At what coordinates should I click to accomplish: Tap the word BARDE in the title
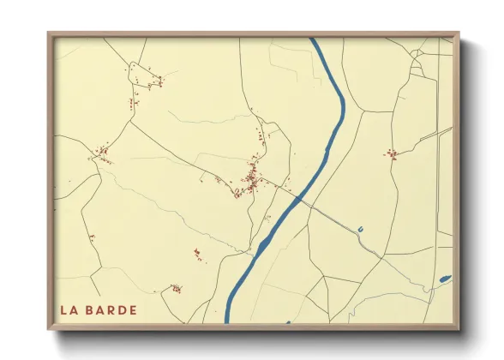[111, 309]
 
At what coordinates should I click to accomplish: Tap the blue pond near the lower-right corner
[444, 279]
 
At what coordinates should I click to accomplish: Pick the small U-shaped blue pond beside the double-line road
[361, 229]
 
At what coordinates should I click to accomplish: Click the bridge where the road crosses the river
[298, 200]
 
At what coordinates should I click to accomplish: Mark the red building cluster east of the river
[392, 154]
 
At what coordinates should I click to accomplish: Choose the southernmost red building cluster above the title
[176, 289]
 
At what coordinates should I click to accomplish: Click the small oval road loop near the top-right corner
[417, 67]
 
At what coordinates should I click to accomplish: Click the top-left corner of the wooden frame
[48, 33]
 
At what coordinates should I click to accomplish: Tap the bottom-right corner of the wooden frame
[459, 329]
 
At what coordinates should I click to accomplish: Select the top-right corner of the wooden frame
[459, 33]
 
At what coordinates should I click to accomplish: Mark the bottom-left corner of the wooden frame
[48, 329]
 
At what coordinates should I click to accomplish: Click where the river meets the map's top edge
[314, 39]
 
